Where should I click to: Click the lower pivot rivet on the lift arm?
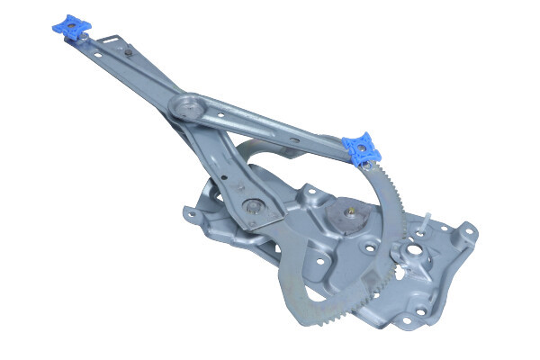tap(255, 206)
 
